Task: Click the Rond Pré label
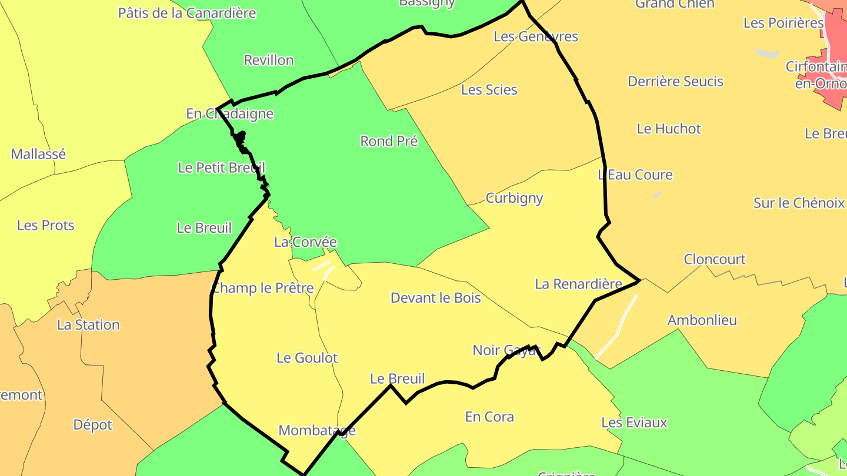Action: tap(389, 141)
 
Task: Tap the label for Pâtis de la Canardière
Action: tap(187, 13)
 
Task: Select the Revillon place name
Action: tap(269, 60)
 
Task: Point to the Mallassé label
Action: tap(38, 154)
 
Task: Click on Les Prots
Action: tap(46, 225)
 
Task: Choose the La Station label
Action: tap(88, 324)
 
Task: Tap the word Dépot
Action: tap(92, 424)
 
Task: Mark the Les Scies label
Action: tap(489, 90)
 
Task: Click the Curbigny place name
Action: tap(514, 198)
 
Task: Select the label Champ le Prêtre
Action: tap(262, 288)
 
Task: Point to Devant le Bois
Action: tap(436, 298)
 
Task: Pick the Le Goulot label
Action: tap(307, 358)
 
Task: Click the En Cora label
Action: tap(489, 417)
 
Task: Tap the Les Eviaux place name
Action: tap(634, 423)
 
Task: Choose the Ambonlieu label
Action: tap(702, 320)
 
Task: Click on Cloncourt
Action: tap(715, 259)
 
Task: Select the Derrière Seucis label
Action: tap(676, 81)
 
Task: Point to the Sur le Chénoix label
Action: tap(799, 203)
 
